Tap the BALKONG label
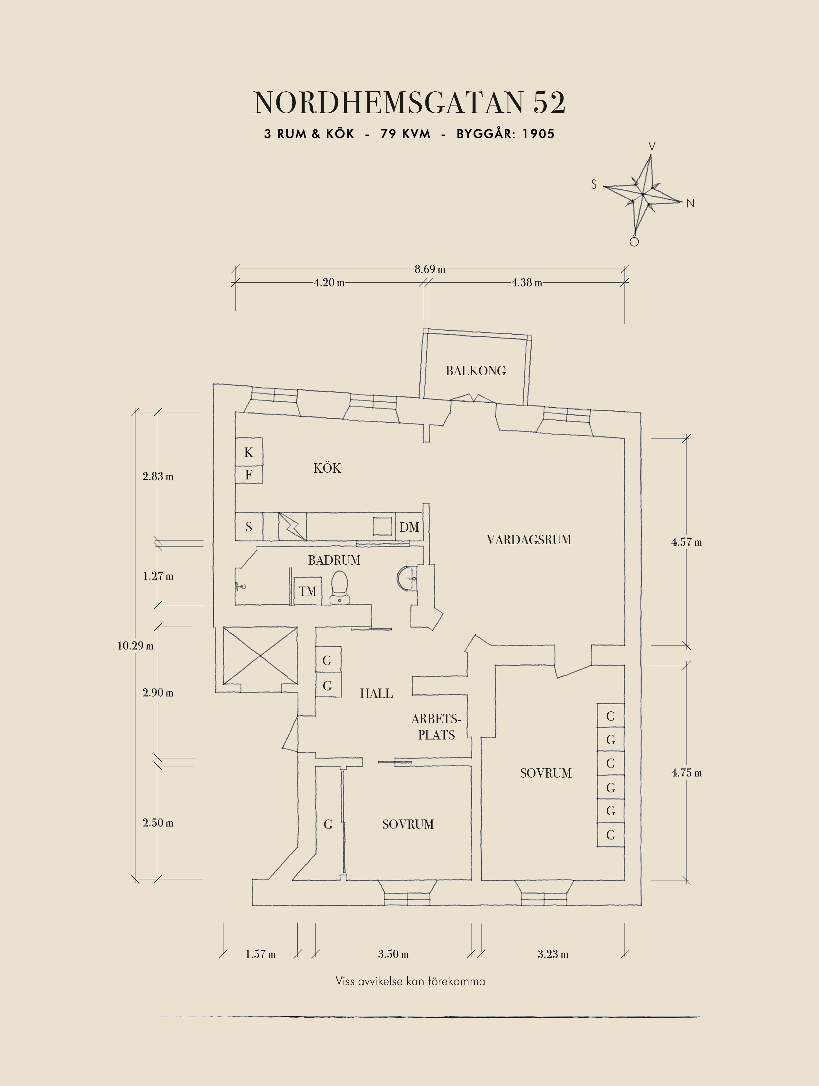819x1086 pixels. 475,371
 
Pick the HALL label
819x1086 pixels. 376,694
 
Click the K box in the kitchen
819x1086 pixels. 249,452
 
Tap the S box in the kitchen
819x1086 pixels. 249,527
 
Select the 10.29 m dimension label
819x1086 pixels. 135,646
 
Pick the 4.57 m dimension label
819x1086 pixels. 686,542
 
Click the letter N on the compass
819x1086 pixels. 690,203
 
